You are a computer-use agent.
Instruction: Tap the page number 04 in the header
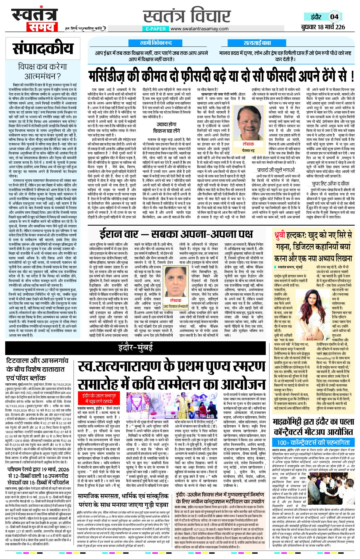[334, 17]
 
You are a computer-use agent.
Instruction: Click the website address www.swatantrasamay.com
[199, 29]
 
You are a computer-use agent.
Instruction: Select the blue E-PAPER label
[156, 29]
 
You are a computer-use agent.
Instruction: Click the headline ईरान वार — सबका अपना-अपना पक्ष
[176, 234]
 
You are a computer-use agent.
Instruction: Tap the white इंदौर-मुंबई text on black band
[135, 348]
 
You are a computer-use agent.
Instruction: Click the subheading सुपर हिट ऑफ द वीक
[331, 184]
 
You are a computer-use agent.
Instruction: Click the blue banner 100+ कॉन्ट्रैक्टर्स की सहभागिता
[313, 442]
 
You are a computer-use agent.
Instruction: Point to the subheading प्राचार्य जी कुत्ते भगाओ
[276, 170]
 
